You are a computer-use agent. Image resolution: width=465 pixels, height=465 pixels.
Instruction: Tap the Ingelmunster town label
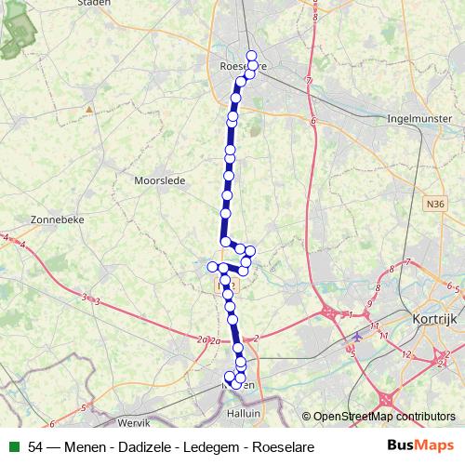[423, 119]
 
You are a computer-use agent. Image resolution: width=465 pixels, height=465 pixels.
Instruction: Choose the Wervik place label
[133, 395]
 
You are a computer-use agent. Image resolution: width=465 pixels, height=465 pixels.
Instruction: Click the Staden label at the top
[93, 3]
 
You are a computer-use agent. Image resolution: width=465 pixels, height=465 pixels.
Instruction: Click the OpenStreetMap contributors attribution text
[384, 418]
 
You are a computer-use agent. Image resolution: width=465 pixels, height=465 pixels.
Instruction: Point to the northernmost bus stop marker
[251, 56]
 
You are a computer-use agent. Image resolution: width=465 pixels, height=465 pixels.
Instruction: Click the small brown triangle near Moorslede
[89, 109]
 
